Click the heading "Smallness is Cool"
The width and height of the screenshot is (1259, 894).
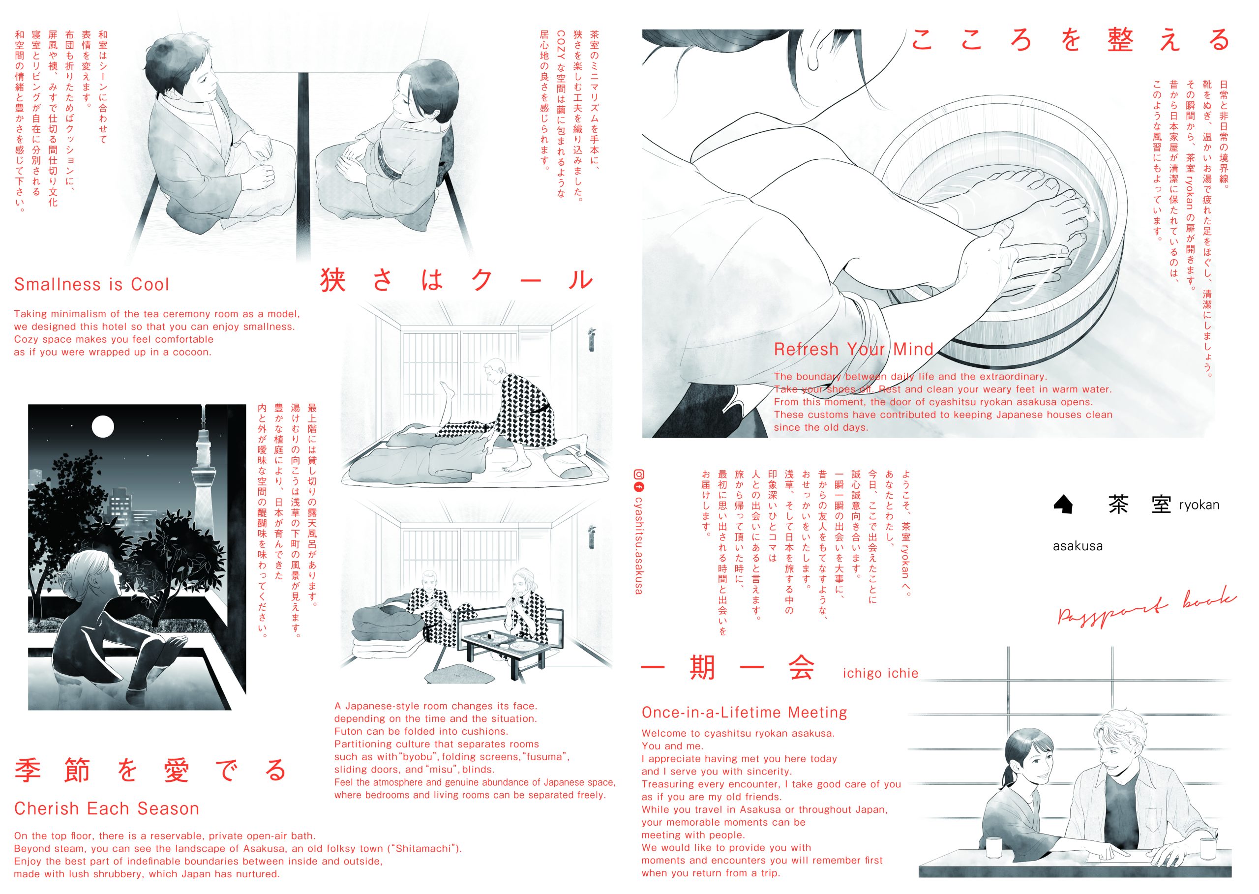point(91,285)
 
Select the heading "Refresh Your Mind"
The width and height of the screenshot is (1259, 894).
point(853,349)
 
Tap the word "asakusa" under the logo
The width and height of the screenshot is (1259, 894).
point(1078,547)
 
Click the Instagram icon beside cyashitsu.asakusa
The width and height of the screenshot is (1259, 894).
point(639,474)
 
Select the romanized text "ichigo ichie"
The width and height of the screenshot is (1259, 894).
point(880,673)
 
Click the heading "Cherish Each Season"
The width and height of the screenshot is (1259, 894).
point(106,808)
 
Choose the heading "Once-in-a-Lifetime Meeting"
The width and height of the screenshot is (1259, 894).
point(744,713)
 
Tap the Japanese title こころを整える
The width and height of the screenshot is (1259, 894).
point(1070,40)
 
